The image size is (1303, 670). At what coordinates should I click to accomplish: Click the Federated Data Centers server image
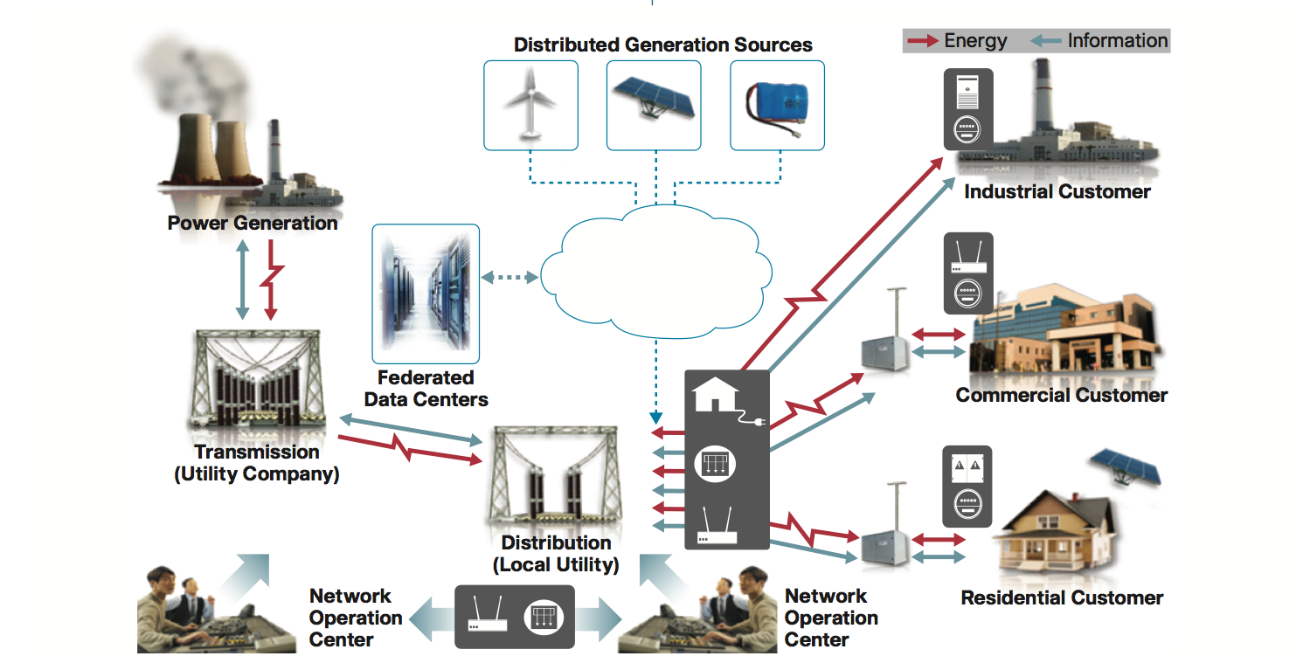tap(426, 294)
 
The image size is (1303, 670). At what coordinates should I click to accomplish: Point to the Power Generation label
tap(253, 224)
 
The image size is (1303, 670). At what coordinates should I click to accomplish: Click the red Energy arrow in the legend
tap(922, 41)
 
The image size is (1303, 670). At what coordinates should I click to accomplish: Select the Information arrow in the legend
tap(1045, 41)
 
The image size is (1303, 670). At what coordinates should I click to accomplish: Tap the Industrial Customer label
tap(1057, 192)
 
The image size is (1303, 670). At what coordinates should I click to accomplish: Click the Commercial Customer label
tap(1061, 396)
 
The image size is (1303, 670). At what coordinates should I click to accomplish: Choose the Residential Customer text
tap(1062, 598)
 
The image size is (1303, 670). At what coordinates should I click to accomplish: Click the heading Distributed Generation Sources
tap(662, 45)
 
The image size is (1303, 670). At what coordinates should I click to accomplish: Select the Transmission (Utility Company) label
tap(256, 464)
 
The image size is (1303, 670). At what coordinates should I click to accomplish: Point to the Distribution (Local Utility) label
tap(556, 554)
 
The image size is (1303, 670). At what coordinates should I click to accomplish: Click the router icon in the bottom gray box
tap(487, 618)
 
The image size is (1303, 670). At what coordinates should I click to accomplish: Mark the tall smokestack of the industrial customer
tap(1042, 96)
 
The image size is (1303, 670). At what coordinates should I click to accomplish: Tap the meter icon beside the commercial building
tap(967, 293)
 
